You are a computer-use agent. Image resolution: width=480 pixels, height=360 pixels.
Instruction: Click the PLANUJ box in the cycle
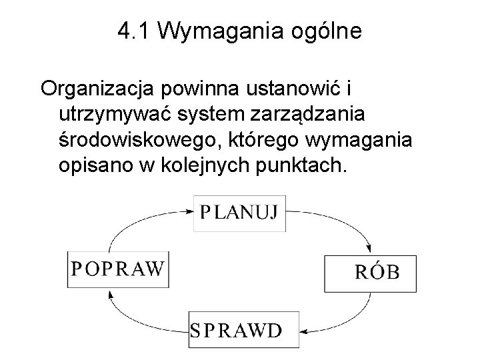coord(239,213)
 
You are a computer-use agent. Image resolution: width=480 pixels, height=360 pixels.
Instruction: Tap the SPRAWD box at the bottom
coord(235,331)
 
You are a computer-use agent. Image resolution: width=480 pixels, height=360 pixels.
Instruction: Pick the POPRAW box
coord(117,269)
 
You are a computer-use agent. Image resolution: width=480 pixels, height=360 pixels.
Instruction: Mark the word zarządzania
coord(307,114)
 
